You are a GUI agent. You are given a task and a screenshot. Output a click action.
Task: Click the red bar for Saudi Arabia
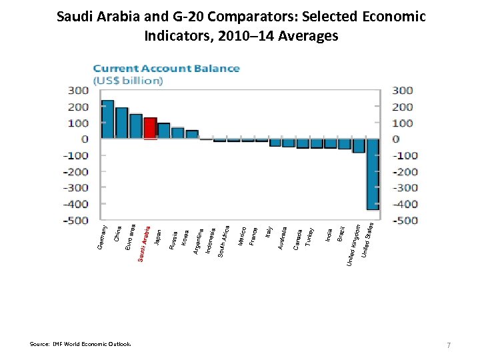coord(151,129)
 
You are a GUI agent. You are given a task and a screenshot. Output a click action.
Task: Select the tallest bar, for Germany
coord(107,120)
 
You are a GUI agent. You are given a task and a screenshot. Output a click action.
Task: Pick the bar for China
coord(121,123)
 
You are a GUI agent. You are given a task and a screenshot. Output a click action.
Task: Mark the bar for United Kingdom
coord(359,145)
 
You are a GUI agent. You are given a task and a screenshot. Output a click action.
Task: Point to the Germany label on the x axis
coord(102,238)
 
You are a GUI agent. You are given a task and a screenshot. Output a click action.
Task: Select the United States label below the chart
coord(367,241)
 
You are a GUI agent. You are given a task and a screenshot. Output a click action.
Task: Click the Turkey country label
coord(310,237)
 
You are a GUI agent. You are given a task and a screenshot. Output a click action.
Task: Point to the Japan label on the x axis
coord(157,237)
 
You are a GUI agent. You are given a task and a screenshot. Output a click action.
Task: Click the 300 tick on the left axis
coord(76,91)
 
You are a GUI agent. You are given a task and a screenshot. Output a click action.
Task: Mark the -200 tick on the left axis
coord(75,171)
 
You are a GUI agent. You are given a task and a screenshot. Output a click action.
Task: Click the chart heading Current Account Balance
coord(166,68)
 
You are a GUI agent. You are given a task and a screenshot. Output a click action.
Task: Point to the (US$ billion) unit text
coord(127,80)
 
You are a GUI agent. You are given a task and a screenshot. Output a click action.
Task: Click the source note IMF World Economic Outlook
coord(80,344)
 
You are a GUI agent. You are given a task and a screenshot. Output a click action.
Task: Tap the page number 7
coord(449,344)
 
